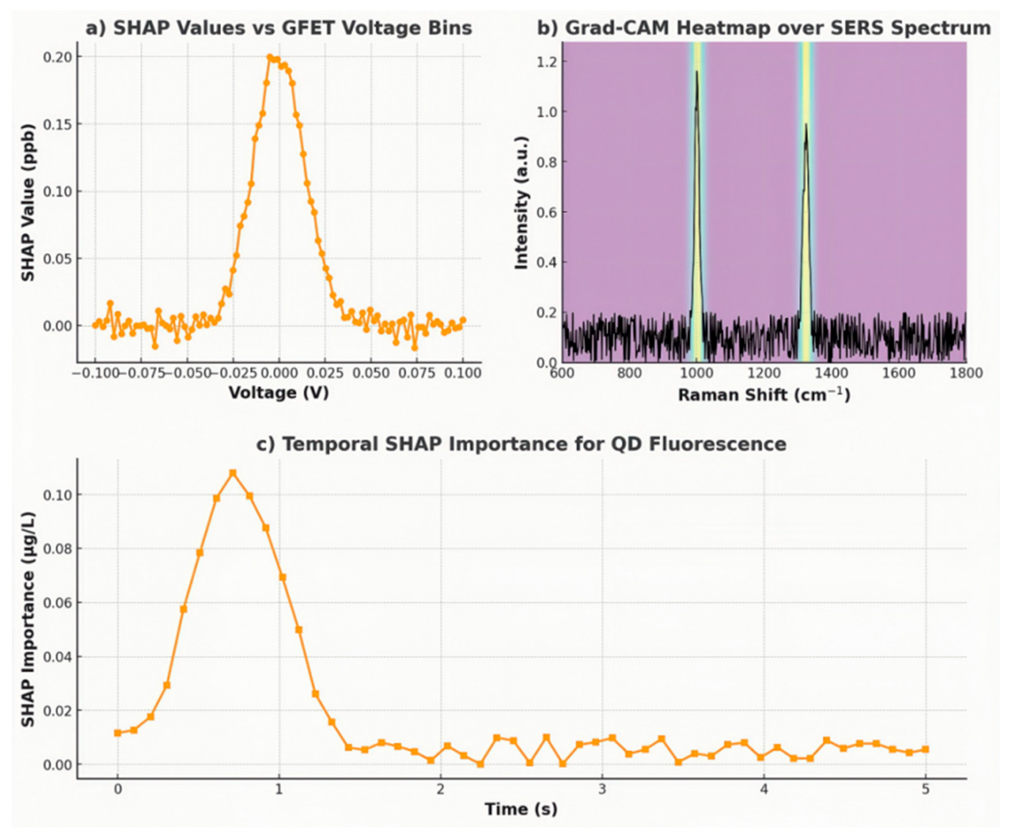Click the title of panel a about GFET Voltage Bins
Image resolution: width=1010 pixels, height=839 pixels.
click(279, 28)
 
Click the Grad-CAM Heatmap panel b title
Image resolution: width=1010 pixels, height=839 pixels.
click(764, 28)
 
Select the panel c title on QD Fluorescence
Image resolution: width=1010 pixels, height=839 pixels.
click(521, 444)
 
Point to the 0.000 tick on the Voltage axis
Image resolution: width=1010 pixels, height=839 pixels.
click(279, 374)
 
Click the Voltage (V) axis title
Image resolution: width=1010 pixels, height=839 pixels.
click(279, 393)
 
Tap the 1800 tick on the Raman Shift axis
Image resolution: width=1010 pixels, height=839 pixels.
click(966, 374)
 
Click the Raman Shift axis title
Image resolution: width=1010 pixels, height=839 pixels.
click(764, 395)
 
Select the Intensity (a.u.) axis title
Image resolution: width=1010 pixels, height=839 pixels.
click(521, 203)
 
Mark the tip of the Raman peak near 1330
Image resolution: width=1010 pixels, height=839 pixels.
click(805, 125)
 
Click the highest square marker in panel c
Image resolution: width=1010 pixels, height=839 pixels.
click(233, 473)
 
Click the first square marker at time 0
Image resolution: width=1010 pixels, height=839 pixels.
click(118, 733)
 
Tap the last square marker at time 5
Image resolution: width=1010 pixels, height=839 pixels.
click(925, 749)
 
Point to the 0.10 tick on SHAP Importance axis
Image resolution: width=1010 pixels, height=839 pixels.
click(57, 495)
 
